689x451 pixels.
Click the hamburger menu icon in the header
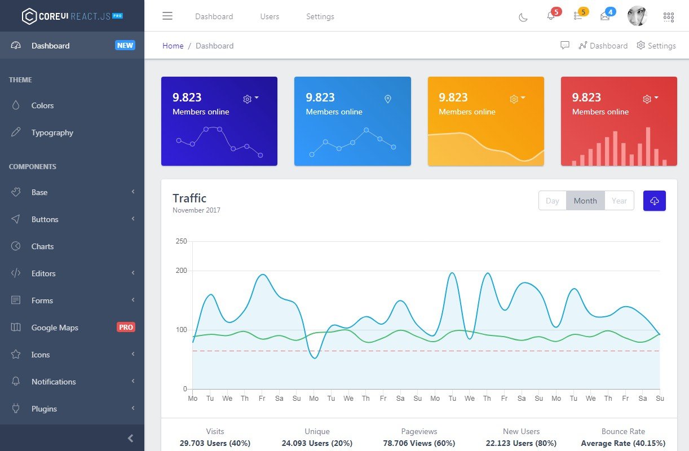pyautogui.click(x=167, y=16)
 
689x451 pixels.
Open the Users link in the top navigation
pyautogui.click(x=270, y=16)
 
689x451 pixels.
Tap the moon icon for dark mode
pyautogui.click(x=523, y=17)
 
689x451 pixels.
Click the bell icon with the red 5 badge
pyautogui.click(x=551, y=16)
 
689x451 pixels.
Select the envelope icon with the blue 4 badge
pyautogui.click(x=605, y=16)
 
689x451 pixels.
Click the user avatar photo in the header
pyautogui.click(x=637, y=16)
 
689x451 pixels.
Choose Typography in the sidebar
pyautogui.click(x=52, y=132)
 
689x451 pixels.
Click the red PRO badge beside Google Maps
pyautogui.click(x=126, y=327)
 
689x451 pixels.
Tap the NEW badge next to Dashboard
pyautogui.click(x=125, y=46)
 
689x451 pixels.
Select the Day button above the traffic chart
pyautogui.click(x=553, y=201)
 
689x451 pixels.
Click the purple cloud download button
pyautogui.click(x=654, y=201)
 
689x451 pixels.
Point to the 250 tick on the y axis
pyautogui.click(x=181, y=241)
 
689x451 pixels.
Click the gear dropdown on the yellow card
pyautogui.click(x=517, y=99)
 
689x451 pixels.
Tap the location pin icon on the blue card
pyautogui.click(x=387, y=99)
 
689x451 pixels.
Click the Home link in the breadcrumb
pyautogui.click(x=173, y=46)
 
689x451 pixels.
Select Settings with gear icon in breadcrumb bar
pyautogui.click(x=656, y=46)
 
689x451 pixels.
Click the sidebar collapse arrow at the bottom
pyautogui.click(x=130, y=438)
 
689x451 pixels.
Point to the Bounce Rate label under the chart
pyautogui.click(x=623, y=431)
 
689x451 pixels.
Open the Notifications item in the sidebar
pyautogui.click(x=54, y=382)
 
